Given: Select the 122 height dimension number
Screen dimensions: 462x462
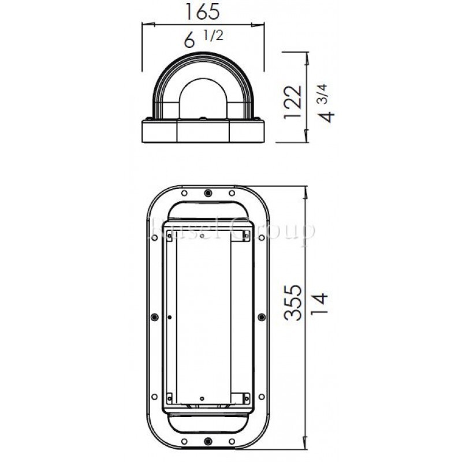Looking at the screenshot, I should click(295, 102).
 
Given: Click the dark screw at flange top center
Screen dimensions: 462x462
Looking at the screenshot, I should click(207, 193).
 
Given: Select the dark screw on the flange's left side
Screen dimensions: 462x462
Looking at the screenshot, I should click(153, 316).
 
